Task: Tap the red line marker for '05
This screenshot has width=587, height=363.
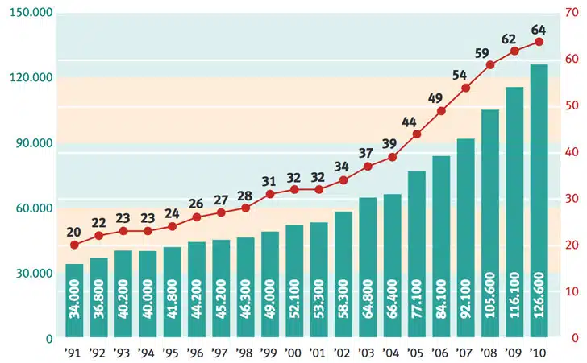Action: pyautogui.click(x=416, y=134)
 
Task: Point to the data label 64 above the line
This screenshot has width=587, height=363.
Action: pyautogui.click(x=539, y=30)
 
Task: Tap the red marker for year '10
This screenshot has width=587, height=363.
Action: pyautogui.click(x=539, y=42)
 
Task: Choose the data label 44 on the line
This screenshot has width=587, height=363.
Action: pyautogui.click(x=409, y=122)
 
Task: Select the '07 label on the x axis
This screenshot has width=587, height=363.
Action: pyautogui.click(x=465, y=353)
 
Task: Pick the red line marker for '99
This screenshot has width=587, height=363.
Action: pyautogui.click(x=270, y=194)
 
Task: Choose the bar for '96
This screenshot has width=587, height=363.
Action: pyautogui.click(x=197, y=289)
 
